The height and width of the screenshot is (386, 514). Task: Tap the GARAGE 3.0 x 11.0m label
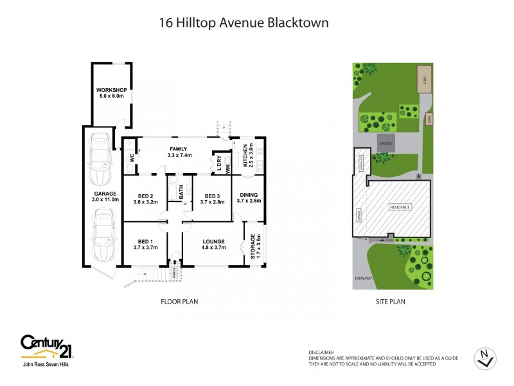[105, 196]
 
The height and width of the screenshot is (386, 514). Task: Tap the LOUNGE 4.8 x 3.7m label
[213, 243]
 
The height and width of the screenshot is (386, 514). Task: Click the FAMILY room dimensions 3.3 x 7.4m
[179, 155]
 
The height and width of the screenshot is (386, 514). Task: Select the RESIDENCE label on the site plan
[400, 207]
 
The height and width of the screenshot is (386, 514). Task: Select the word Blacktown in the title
[301, 23]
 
